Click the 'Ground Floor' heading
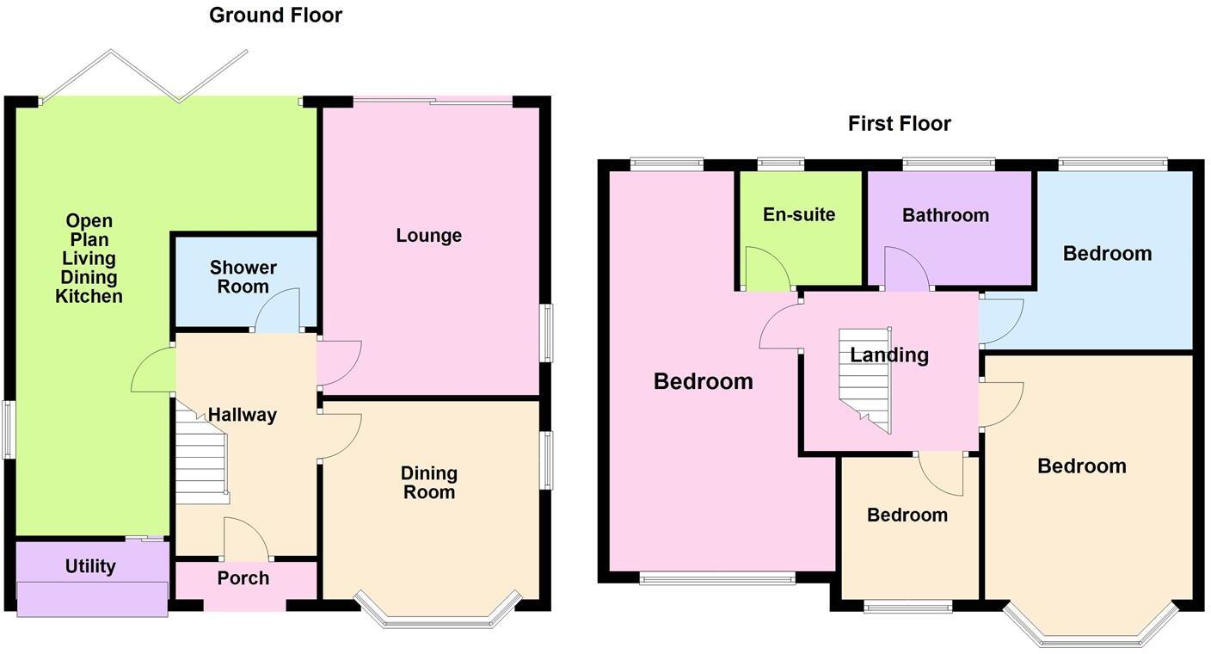pos(275,15)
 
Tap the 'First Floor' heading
pos(899,124)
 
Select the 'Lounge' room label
pos(428,236)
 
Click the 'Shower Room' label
pos(243,277)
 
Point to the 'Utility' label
pos(90,566)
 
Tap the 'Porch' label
pos(243,578)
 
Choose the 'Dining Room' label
pos(428,483)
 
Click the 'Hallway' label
pos(243,415)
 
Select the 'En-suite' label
pos(798,214)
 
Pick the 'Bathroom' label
pos(945,215)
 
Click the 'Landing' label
pos(888,355)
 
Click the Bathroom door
pos(906,270)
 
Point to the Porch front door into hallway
pos(244,540)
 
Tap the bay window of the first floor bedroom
pos(1090,626)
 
